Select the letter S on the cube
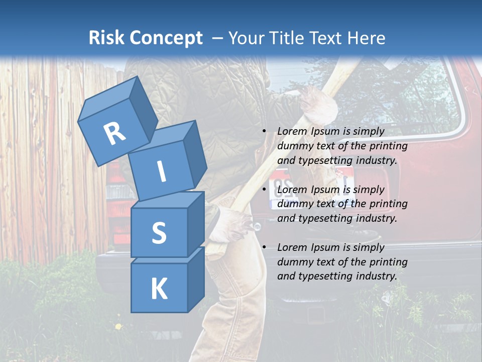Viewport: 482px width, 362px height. click(x=159, y=233)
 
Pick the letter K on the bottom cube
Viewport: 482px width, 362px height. click(x=159, y=289)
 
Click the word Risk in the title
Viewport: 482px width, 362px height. click(x=106, y=38)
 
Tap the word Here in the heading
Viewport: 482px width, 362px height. click(x=366, y=38)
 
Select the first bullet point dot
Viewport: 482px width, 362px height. click(x=264, y=131)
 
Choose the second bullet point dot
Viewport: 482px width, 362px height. click(x=264, y=190)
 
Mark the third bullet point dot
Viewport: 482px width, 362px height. click(x=264, y=247)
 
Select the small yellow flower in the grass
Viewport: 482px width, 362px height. click(x=118, y=327)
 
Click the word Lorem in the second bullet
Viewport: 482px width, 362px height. click(x=292, y=190)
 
